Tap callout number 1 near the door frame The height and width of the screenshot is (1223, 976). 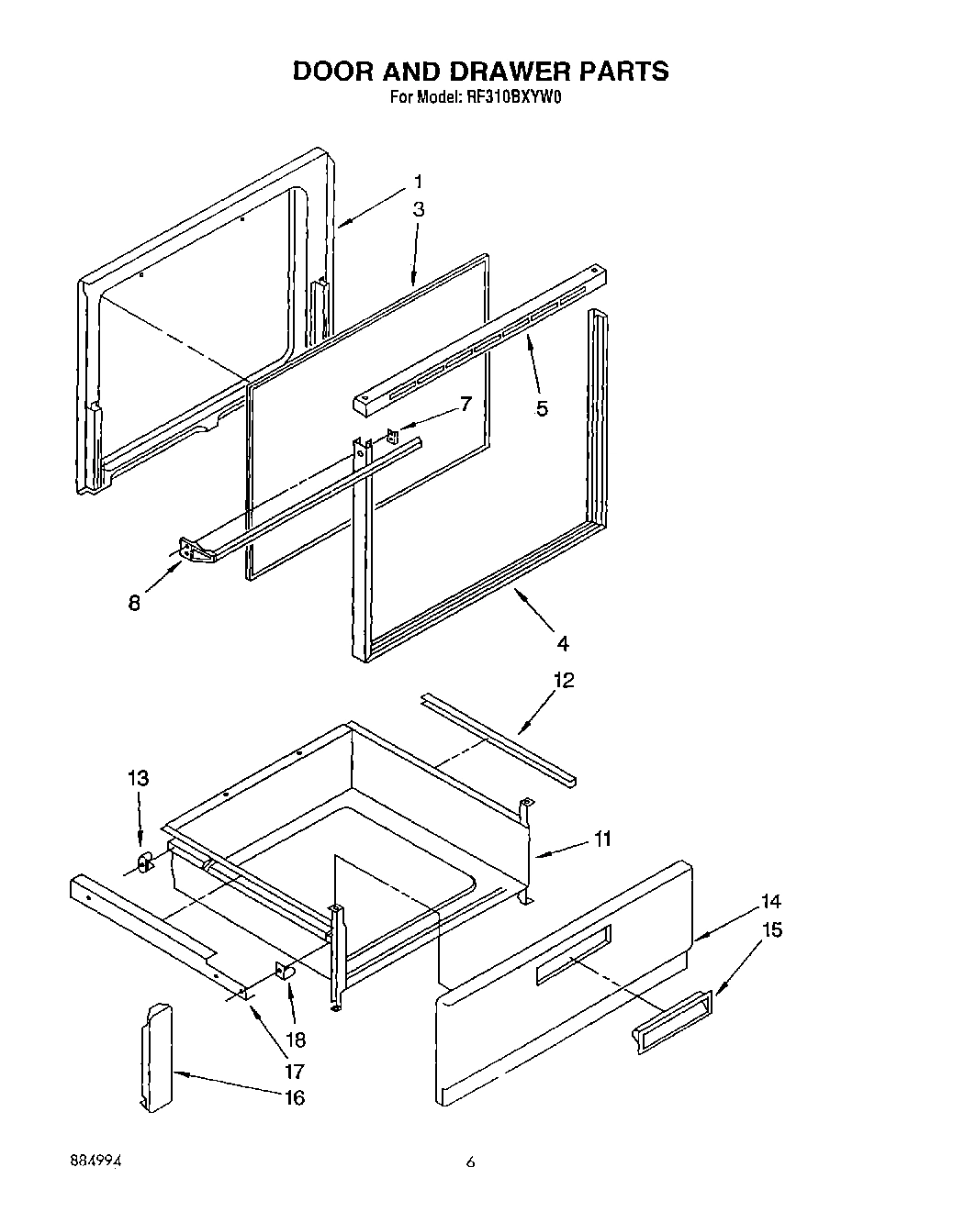pyautogui.click(x=419, y=181)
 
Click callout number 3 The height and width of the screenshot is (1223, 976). pyautogui.click(x=419, y=209)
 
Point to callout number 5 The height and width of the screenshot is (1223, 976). pyautogui.click(x=542, y=408)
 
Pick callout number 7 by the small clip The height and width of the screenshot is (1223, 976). pyautogui.click(x=466, y=404)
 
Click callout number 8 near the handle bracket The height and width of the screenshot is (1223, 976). pyautogui.click(x=135, y=604)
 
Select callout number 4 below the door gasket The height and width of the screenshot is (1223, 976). pyautogui.click(x=562, y=642)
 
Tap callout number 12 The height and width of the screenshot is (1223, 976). pyautogui.click(x=563, y=680)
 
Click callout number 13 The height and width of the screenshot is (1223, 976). pyautogui.click(x=138, y=779)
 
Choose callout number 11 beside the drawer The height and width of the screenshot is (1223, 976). pyautogui.click(x=602, y=839)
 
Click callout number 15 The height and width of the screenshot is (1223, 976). pyautogui.click(x=772, y=930)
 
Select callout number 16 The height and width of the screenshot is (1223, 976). pyautogui.click(x=294, y=1097)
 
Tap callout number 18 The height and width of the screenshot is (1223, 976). pyautogui.click(x=297, y=1040)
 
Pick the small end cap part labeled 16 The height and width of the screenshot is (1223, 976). pyautogui.click(x=157, y=1055)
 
